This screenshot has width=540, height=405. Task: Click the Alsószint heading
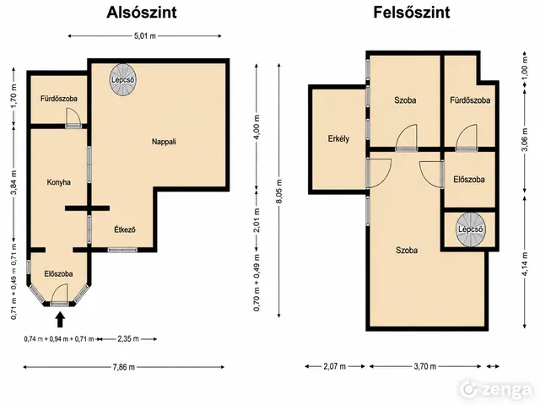tap(142, 13)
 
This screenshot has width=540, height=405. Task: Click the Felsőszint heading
tap(412, 13)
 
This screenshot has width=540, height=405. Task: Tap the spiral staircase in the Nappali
tap(123, 79)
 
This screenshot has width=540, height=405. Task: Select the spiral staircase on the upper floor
tap(471, 229)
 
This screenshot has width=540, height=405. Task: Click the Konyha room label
tap(58, 182)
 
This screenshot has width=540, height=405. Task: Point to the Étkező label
tap(125, 229)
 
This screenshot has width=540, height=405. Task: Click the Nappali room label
tap(164, 142)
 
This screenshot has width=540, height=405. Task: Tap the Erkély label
tap(338, 138)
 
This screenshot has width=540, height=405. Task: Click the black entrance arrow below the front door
tap(60, 319)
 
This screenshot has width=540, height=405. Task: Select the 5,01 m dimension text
tap(144, 35)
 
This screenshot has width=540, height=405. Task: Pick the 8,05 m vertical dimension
tap(279, 192)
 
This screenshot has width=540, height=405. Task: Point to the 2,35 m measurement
tap(128, 339)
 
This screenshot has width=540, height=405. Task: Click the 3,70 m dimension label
tap(425, 366)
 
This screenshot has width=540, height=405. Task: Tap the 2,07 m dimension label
tap(334, 366)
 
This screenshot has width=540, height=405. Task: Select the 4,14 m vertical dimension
tap(525, 264)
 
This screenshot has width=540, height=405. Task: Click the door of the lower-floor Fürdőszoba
tap(73, 117)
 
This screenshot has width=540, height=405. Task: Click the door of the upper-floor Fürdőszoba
tap(467, 138)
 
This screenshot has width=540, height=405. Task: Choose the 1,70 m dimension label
tap(14, 98)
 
